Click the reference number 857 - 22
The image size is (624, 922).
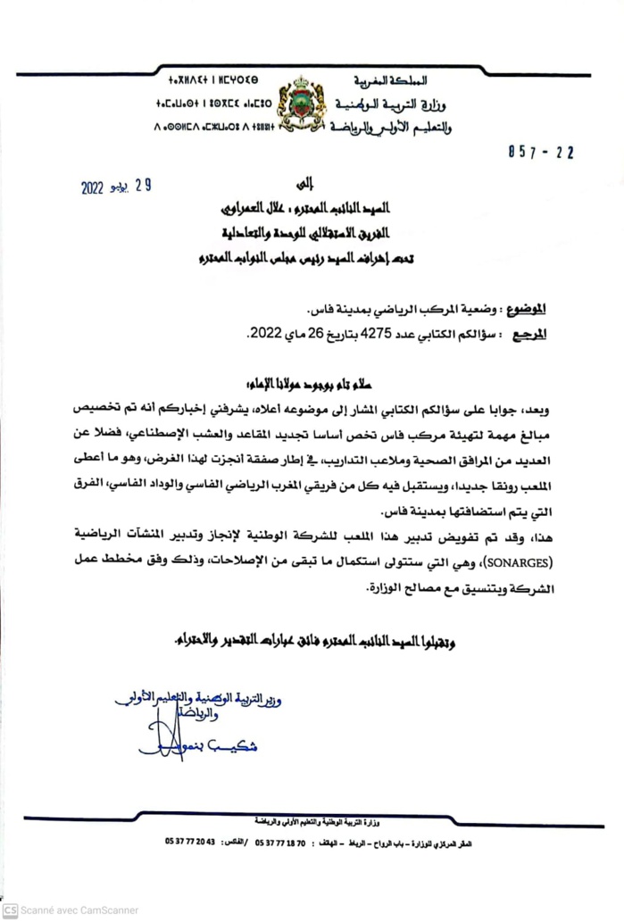point(538,153)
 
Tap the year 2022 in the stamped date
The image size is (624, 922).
point(94,188)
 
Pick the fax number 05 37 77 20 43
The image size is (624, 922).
point(190,842)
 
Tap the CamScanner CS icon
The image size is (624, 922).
point(10,910)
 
